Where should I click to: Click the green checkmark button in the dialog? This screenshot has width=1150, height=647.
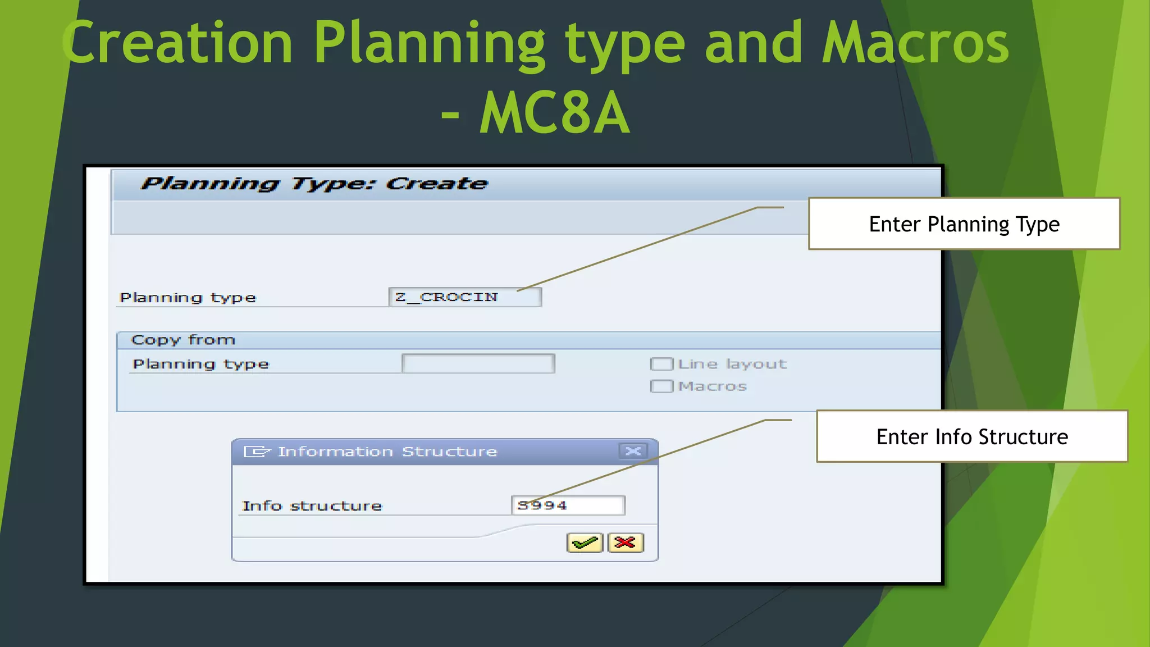(585, 543)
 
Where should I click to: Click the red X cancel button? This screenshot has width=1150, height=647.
(625, 543)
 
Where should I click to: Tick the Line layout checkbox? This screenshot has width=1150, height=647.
(661, 364)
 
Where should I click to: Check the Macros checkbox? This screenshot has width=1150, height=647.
(661, 386)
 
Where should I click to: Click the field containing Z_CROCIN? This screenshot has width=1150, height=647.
(465, 297)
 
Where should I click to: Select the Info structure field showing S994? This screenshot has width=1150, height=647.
(568, 505)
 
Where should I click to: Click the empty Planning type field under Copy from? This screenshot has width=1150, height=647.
(478, 364)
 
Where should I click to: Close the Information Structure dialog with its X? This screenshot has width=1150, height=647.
(633, 452)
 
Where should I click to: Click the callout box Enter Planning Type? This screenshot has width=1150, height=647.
(964, 224)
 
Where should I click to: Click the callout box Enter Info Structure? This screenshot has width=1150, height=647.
(971, 437)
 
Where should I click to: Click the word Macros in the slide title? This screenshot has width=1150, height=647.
(915, 43)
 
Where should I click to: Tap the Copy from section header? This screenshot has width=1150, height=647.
(183, 340)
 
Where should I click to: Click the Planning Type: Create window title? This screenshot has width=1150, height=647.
(314, 184)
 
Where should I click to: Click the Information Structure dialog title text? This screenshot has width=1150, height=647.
(387, 452)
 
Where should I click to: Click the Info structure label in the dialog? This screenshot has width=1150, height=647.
(312, 506)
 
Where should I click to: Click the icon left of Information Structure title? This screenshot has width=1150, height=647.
(256, 452)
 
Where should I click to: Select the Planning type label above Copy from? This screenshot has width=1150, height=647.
(188, 298)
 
